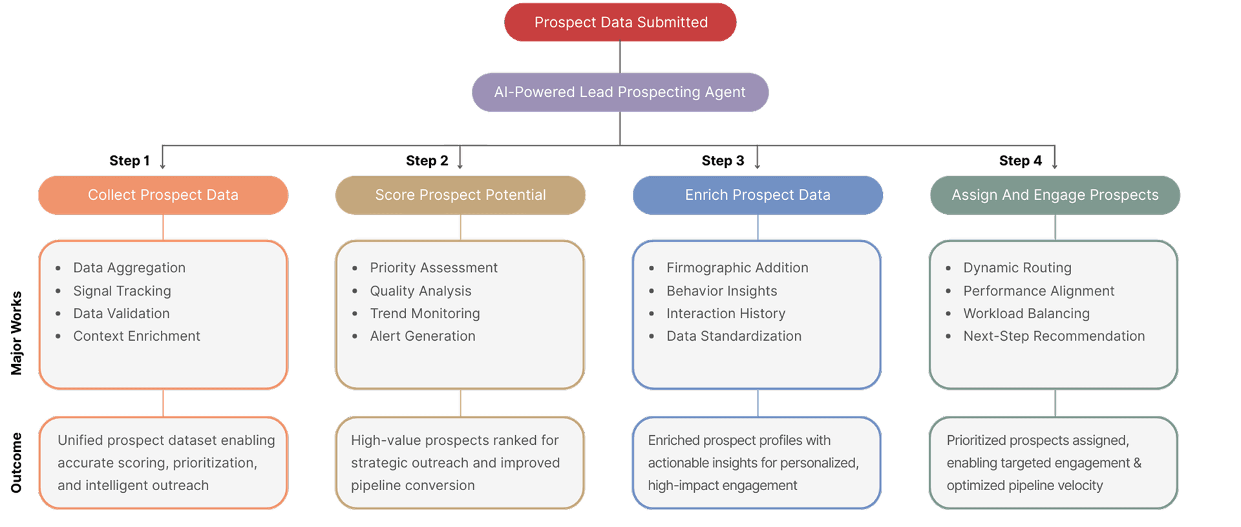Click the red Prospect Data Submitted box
(620, 23)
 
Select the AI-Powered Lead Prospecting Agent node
(620, 92)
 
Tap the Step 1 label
(129, 160)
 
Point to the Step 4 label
(1020, 160)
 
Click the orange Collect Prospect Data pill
(163, 195)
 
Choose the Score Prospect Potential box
(460, 195)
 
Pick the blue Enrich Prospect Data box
(758, 195)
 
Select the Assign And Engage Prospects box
(1055, 195)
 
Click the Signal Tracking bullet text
(122, 291)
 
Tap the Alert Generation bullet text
(422, 336)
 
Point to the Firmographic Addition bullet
(737, 268)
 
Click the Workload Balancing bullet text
(1026, 314)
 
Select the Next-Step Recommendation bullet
(1054, 336)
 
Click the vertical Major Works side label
(16, 333)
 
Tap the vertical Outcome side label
(16, 462)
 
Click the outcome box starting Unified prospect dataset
(163, 463)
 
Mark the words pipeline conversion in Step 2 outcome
(412, 486)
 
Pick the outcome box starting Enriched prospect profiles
(756, 463)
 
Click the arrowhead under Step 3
(757, 166)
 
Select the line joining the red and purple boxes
(620, 58)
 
